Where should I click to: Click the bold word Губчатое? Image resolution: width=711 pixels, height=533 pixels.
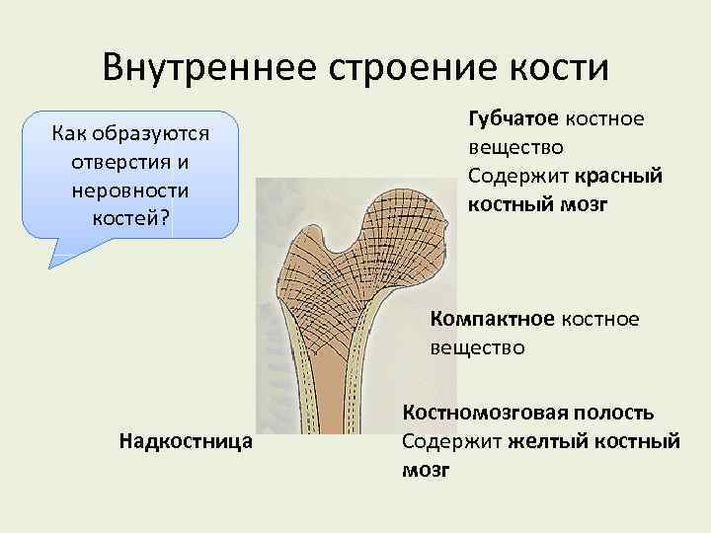(x=513, y=119)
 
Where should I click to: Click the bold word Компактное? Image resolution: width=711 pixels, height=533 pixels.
(x=493, y=320)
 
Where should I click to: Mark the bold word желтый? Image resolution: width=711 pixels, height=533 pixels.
(x=548, y=441)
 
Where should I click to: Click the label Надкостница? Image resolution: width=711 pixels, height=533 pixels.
(x=184, y=440)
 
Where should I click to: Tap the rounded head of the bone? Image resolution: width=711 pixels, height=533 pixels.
(x=386, y=217)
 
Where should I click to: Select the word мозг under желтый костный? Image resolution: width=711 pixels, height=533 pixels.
(x=426, y=470)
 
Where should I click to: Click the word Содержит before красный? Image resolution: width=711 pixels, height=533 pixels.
(x=515, y=176)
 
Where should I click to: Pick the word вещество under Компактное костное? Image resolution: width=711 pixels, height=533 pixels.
(x=477, y=347)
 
